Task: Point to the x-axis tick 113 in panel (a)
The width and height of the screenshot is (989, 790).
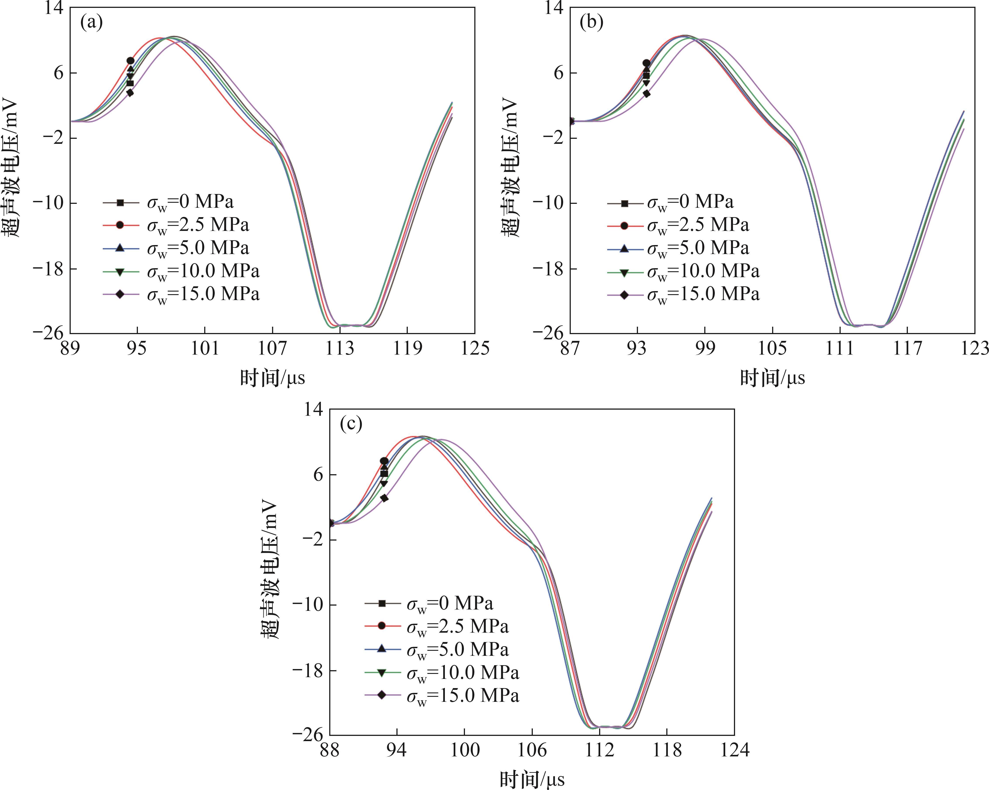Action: pyautogui.click(x=340, y=349)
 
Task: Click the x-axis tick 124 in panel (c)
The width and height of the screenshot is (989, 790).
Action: pyautogui.click(x=734, y=750)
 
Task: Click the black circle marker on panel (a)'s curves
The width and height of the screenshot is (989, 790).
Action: pyautogui.click(x=130, y=60)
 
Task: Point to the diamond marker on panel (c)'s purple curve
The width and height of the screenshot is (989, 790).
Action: pyautogui.click(x=384, y=498)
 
